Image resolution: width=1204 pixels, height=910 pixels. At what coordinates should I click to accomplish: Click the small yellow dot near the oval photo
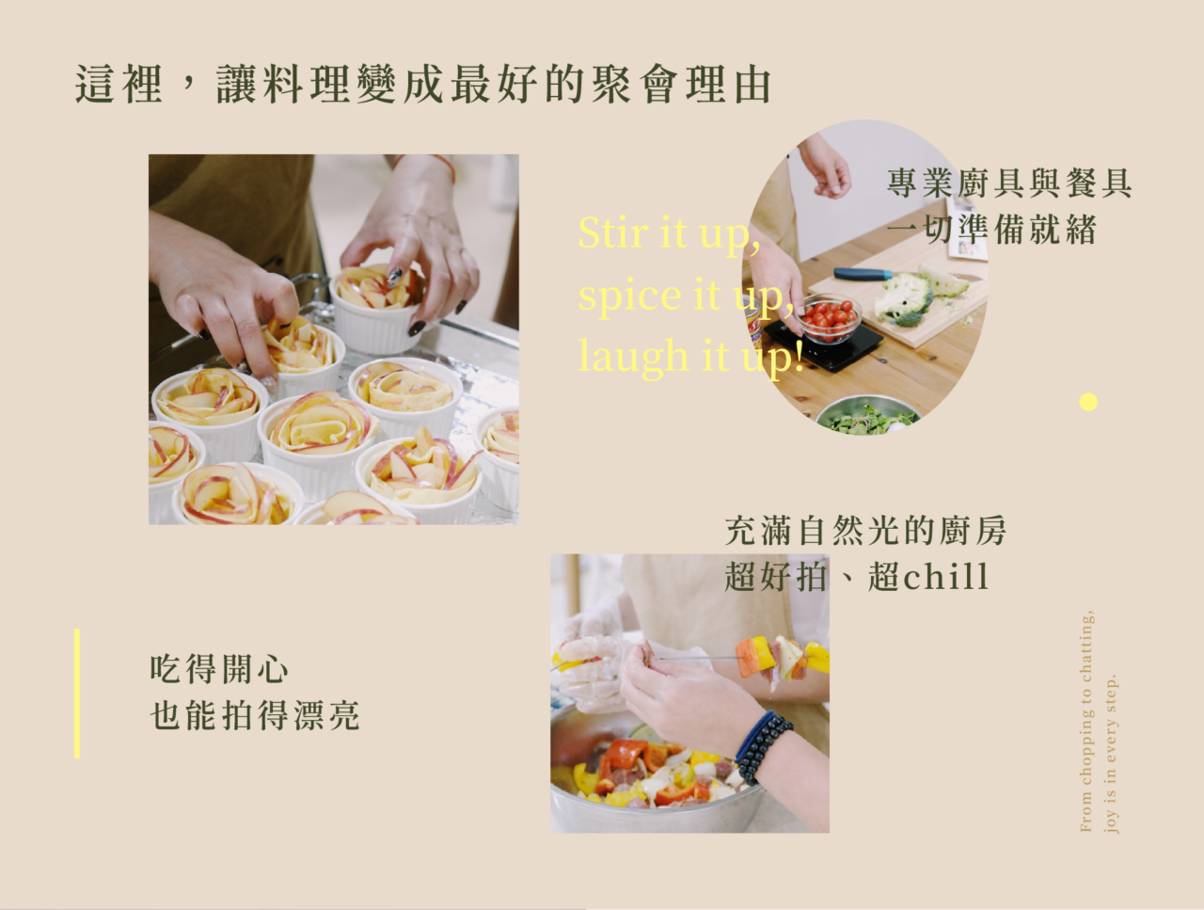[x=1088, y=402]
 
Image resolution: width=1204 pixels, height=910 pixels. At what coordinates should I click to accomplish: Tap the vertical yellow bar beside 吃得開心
[x=77, y=694]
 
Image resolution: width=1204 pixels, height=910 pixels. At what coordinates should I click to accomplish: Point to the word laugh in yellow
[x=634, y=357]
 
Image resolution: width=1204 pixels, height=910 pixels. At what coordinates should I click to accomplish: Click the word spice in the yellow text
[x=630, y=296]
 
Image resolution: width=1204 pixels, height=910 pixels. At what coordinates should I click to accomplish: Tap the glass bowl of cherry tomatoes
[x=830, y=318]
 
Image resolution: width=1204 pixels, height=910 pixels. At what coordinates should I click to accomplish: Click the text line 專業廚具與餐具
[x=1009, y=184]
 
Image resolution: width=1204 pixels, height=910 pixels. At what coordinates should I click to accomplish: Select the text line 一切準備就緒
[x=991, y=230]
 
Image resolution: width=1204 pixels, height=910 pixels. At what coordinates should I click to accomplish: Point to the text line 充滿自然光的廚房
[x=865, y=531]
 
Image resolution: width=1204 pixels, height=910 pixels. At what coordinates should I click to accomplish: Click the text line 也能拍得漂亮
[x=255, y=714]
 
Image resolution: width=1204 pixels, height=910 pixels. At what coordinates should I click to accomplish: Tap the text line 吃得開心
[x=219, y=669]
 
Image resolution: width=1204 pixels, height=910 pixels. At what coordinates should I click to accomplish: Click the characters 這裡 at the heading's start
[x=119, y=84]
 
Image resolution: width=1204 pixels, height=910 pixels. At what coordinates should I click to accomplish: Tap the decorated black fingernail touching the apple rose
[x=394, y=277]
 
